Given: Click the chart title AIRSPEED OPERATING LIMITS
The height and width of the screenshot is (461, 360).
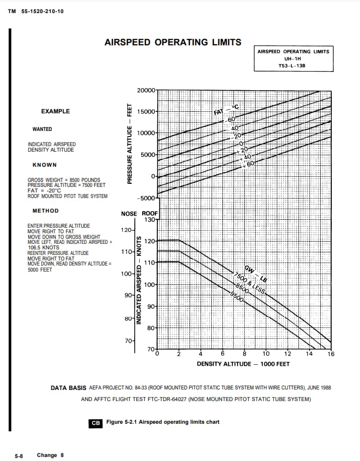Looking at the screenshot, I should (x=172, y=42).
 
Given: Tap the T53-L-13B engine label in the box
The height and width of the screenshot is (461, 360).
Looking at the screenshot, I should (x=292, y=66).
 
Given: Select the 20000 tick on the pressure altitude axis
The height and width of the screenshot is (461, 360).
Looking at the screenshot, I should (x=147, y=90).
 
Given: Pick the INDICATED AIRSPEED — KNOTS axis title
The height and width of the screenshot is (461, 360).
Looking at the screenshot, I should (x=139, y=284).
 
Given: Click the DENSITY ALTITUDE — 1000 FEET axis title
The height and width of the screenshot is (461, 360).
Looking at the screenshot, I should (x=243, y=364).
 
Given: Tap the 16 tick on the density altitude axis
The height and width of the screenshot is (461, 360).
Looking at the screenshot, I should (x=331, y=354).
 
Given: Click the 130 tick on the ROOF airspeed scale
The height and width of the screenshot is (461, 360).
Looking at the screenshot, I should (x=150, y=220).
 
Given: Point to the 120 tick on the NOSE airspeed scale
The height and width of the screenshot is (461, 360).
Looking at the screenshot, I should (x=126, y=230).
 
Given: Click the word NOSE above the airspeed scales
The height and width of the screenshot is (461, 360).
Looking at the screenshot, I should (x=129, y=214).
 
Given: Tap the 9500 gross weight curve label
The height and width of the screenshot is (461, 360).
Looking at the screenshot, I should (x=237, y=296).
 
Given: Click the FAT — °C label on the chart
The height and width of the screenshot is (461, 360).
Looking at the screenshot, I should (x=225, y=109).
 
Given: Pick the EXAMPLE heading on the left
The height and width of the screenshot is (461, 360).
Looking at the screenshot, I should (x=55, y=111).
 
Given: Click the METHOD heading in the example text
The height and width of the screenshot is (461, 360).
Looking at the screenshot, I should (x=45, y=211).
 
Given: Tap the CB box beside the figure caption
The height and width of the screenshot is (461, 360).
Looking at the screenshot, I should (x=95, y=423).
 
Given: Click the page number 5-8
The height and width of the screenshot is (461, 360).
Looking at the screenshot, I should (x=19, y=455).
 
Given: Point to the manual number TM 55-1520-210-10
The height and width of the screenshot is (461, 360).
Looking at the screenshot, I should (x=36, y=11).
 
